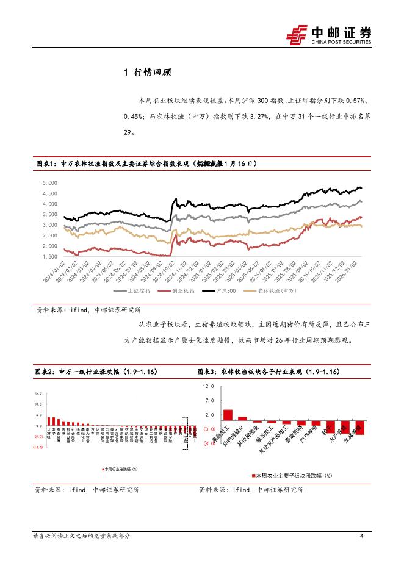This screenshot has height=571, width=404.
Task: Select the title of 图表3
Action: click(x=269, y=372)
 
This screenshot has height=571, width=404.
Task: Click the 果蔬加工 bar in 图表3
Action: click(x=228, y=415)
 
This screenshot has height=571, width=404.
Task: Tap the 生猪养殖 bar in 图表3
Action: click(x=360, y=428)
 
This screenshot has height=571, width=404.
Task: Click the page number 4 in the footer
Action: click(x=362, y=536)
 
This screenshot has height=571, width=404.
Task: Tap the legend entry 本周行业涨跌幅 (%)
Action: click(x=119, y=469)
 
